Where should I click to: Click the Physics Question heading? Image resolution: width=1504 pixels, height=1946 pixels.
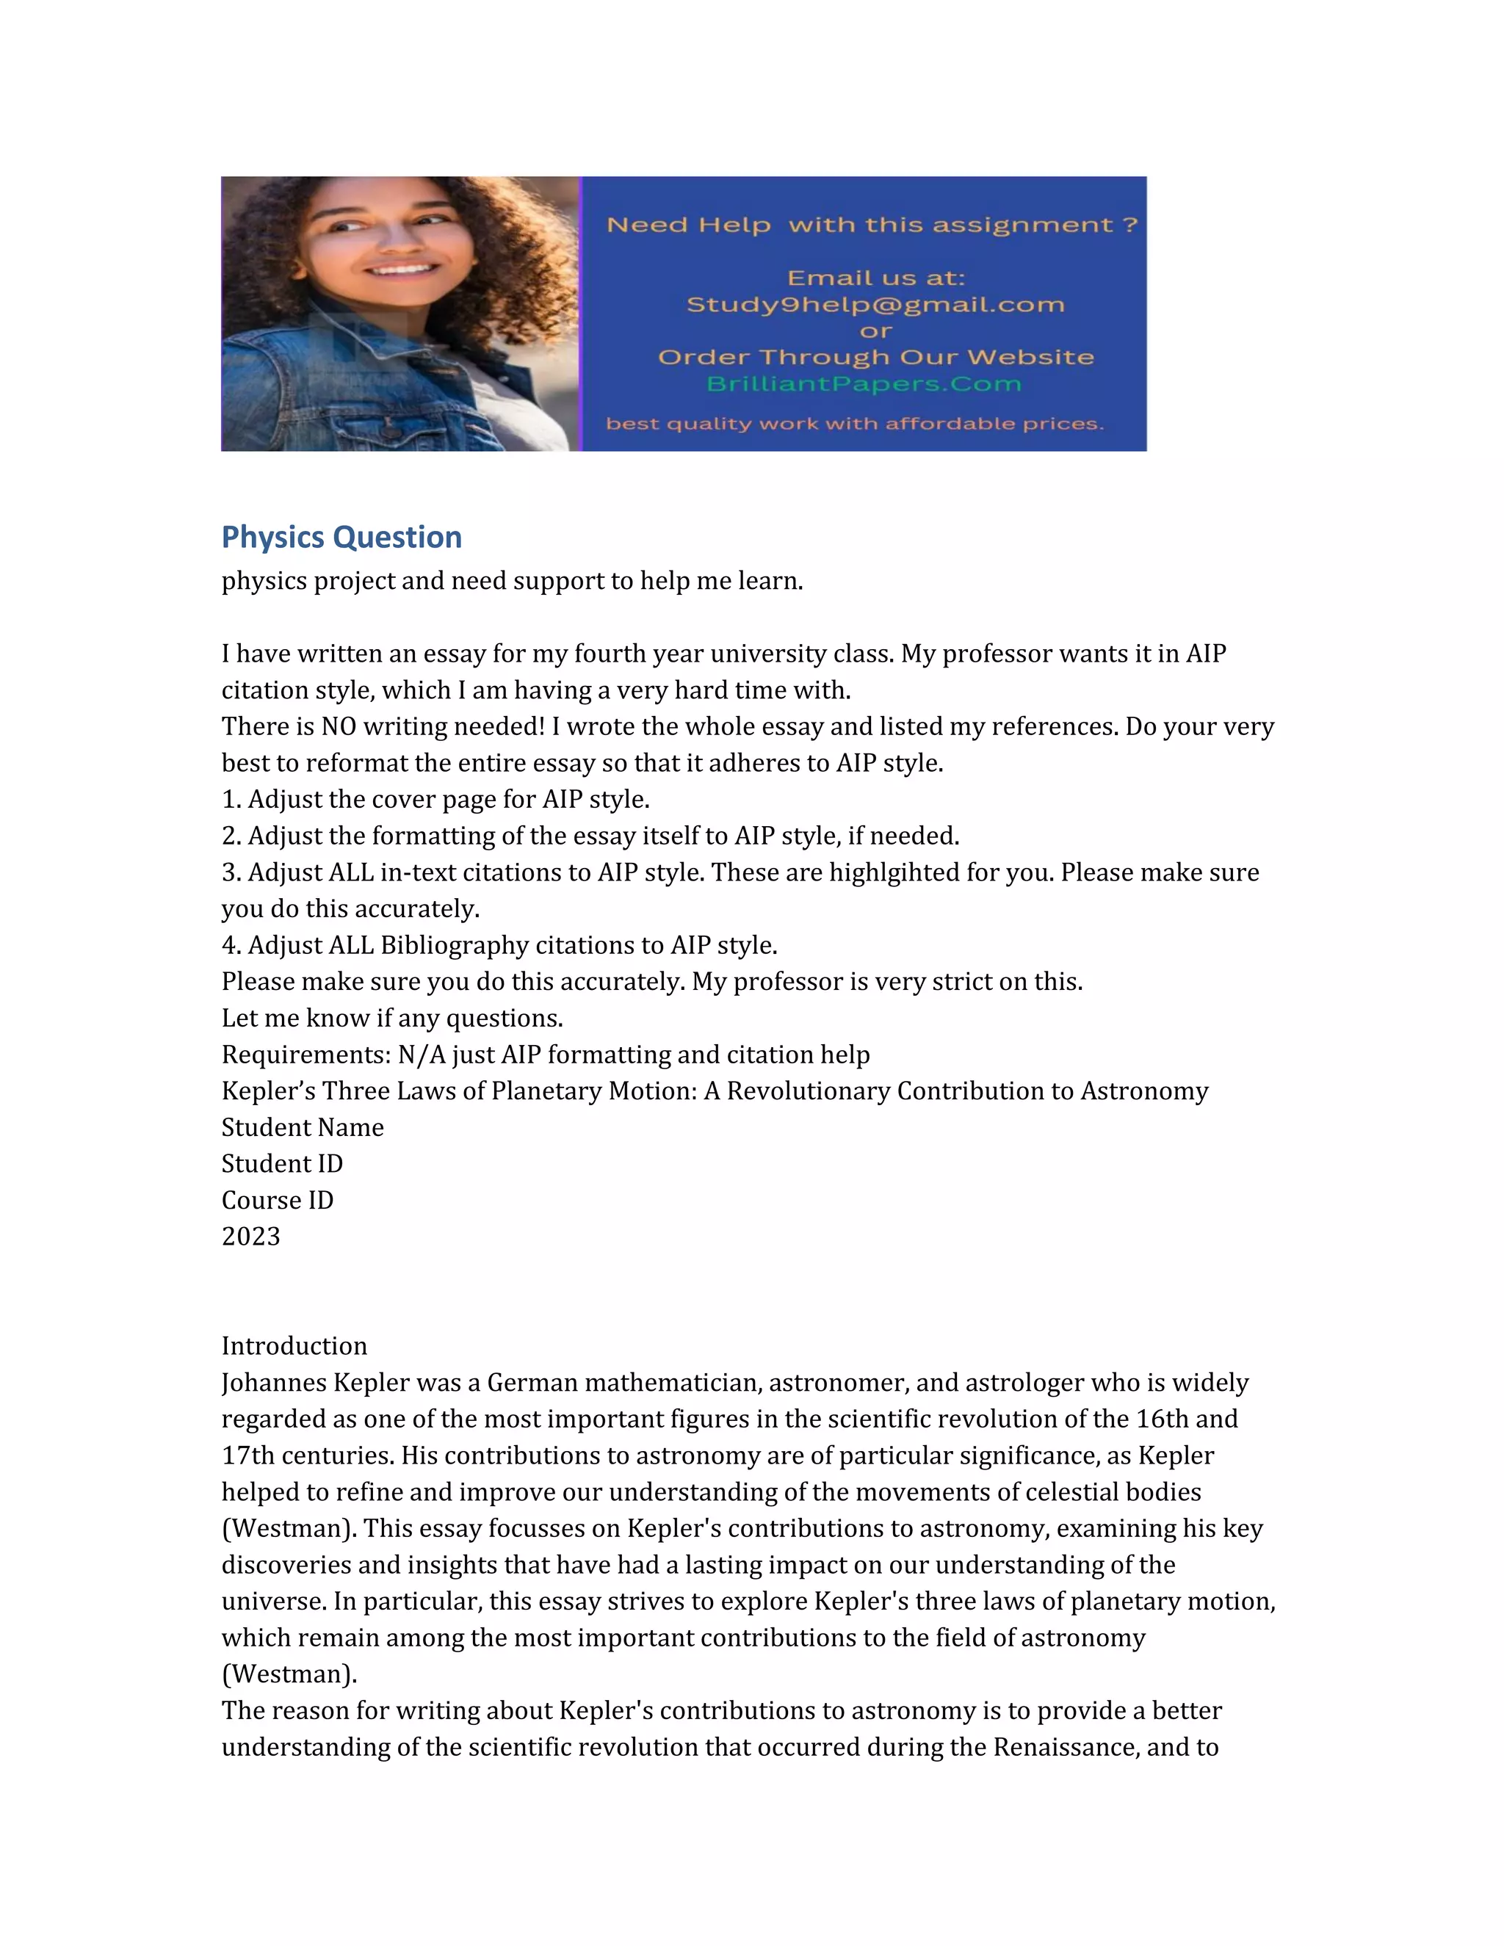click(x=341, y=538)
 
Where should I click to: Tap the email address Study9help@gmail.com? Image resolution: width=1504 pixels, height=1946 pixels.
click(x=875, y=305)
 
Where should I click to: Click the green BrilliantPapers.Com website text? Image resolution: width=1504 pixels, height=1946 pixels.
click(x=864, y=384)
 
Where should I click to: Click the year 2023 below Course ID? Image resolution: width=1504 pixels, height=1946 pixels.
click(x=250, y=1237)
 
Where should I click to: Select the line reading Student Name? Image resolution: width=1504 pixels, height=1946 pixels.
click(x=302, y=1127)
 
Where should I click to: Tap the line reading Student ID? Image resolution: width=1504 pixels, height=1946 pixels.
click(x=281, y=1164)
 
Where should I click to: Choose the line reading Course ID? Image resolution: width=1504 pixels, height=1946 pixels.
click(x=277, y=1200)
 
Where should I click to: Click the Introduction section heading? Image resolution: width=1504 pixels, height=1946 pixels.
click(x=294, y=1345)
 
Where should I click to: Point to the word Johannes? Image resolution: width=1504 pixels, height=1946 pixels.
click(x=273, y=1382)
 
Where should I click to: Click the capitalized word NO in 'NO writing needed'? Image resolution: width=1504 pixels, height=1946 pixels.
click(x=339, y=726)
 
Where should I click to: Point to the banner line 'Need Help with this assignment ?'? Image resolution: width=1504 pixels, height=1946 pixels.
click(x=872, y=225)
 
